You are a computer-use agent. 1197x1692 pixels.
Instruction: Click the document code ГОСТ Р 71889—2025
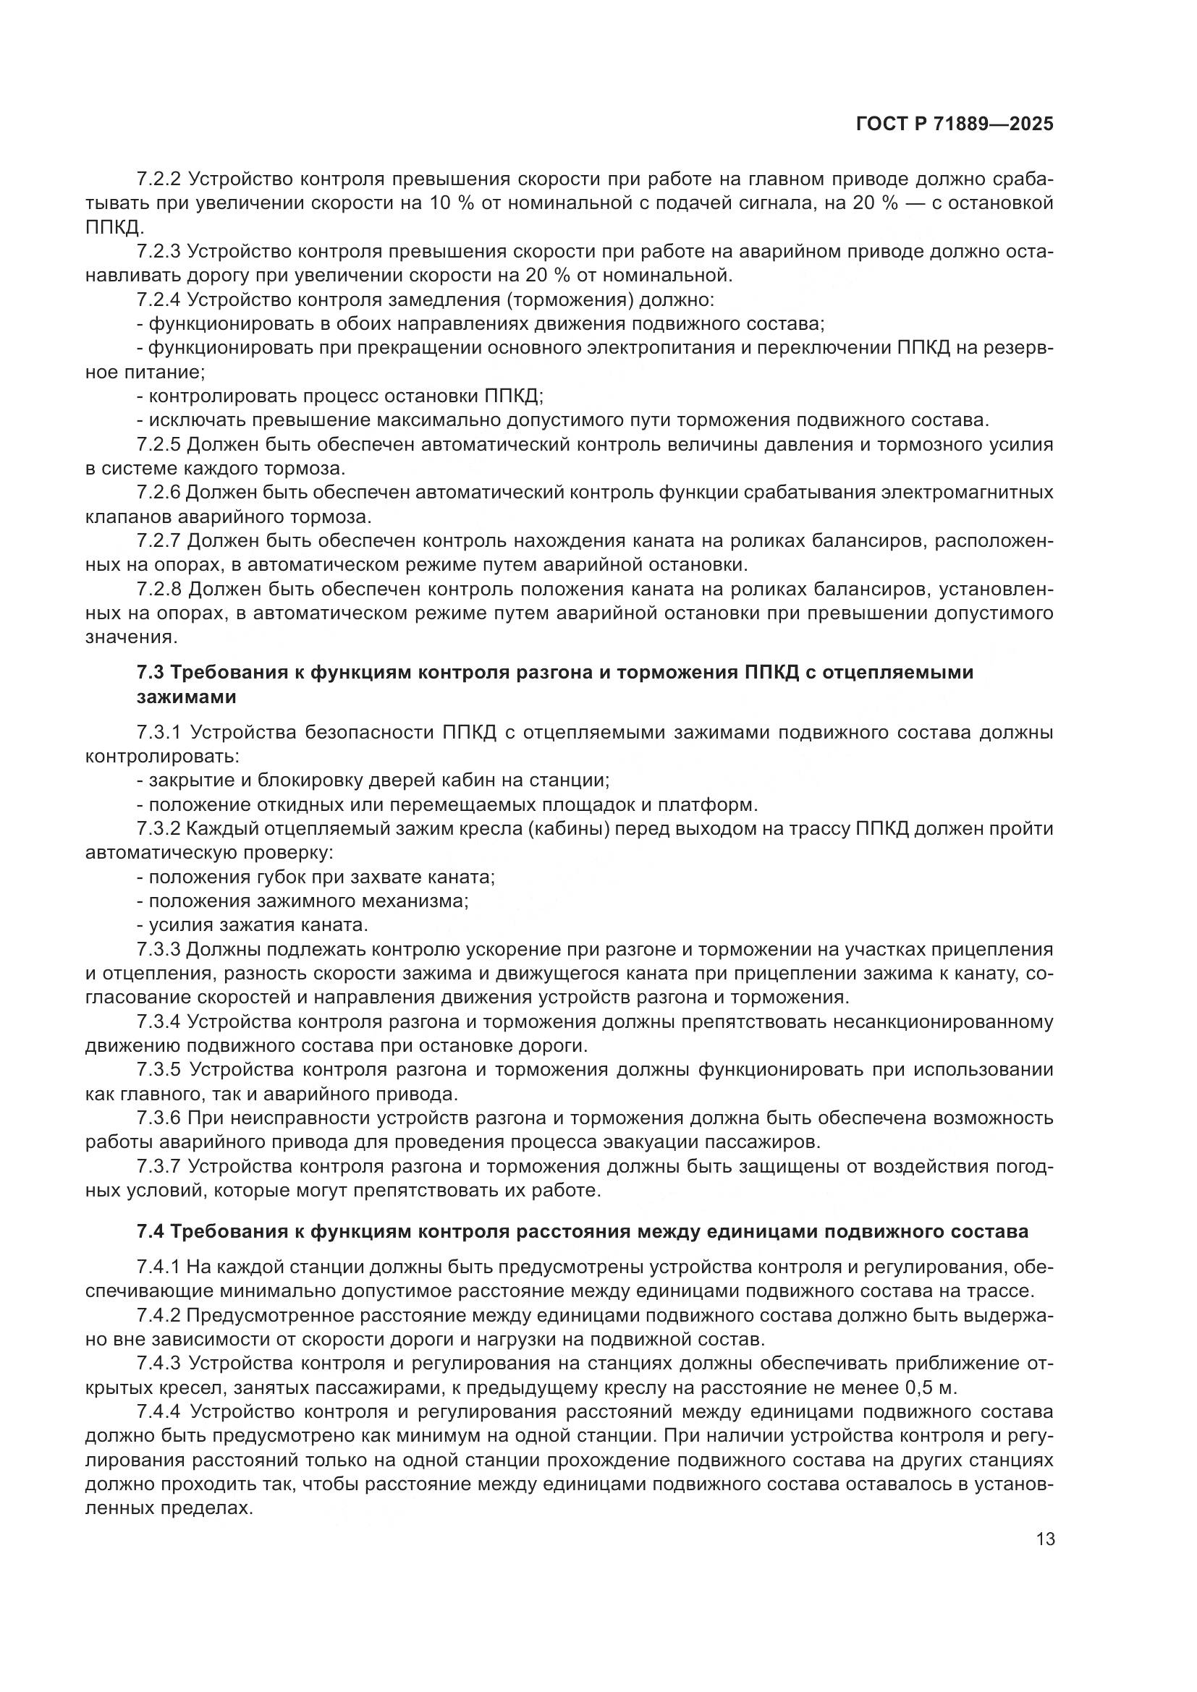[x=954, y=124]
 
